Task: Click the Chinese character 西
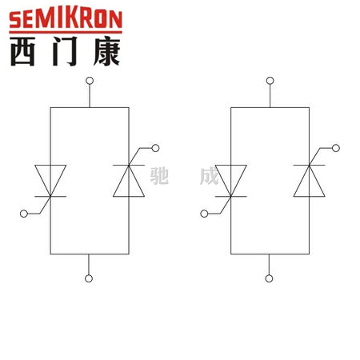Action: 22,51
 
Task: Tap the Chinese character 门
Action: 65,51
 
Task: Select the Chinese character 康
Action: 107,51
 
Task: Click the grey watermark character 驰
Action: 159,176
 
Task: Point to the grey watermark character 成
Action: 209,176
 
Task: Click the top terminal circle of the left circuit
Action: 90,81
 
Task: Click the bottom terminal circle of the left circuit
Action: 89,278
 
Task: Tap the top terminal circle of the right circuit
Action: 270,81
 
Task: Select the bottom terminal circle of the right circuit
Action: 269,278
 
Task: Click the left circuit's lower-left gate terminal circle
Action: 24,214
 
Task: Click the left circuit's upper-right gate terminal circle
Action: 155,148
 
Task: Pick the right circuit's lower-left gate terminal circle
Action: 204,214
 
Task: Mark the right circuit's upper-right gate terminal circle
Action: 336,148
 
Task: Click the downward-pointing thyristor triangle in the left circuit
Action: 50,176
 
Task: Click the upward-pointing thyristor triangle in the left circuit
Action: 129,186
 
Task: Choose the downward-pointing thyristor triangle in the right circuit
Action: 230,176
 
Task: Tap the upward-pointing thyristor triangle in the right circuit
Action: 310,186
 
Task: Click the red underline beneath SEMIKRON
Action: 66,32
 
